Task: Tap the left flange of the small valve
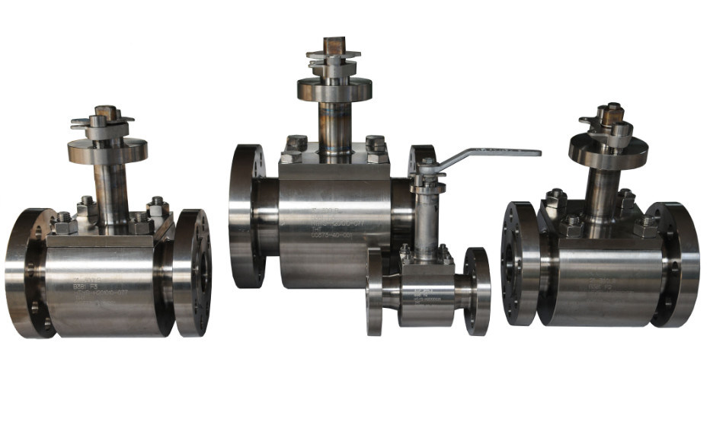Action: tap(375, 291)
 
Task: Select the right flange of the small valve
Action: tap(477, 291)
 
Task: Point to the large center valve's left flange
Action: tap(245, 216)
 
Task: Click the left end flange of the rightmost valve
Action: tap(520, 263)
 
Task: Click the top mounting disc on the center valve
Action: tap(334, 88)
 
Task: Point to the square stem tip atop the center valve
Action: tap(334, 45)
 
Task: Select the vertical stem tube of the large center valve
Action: tap(334, 126)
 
